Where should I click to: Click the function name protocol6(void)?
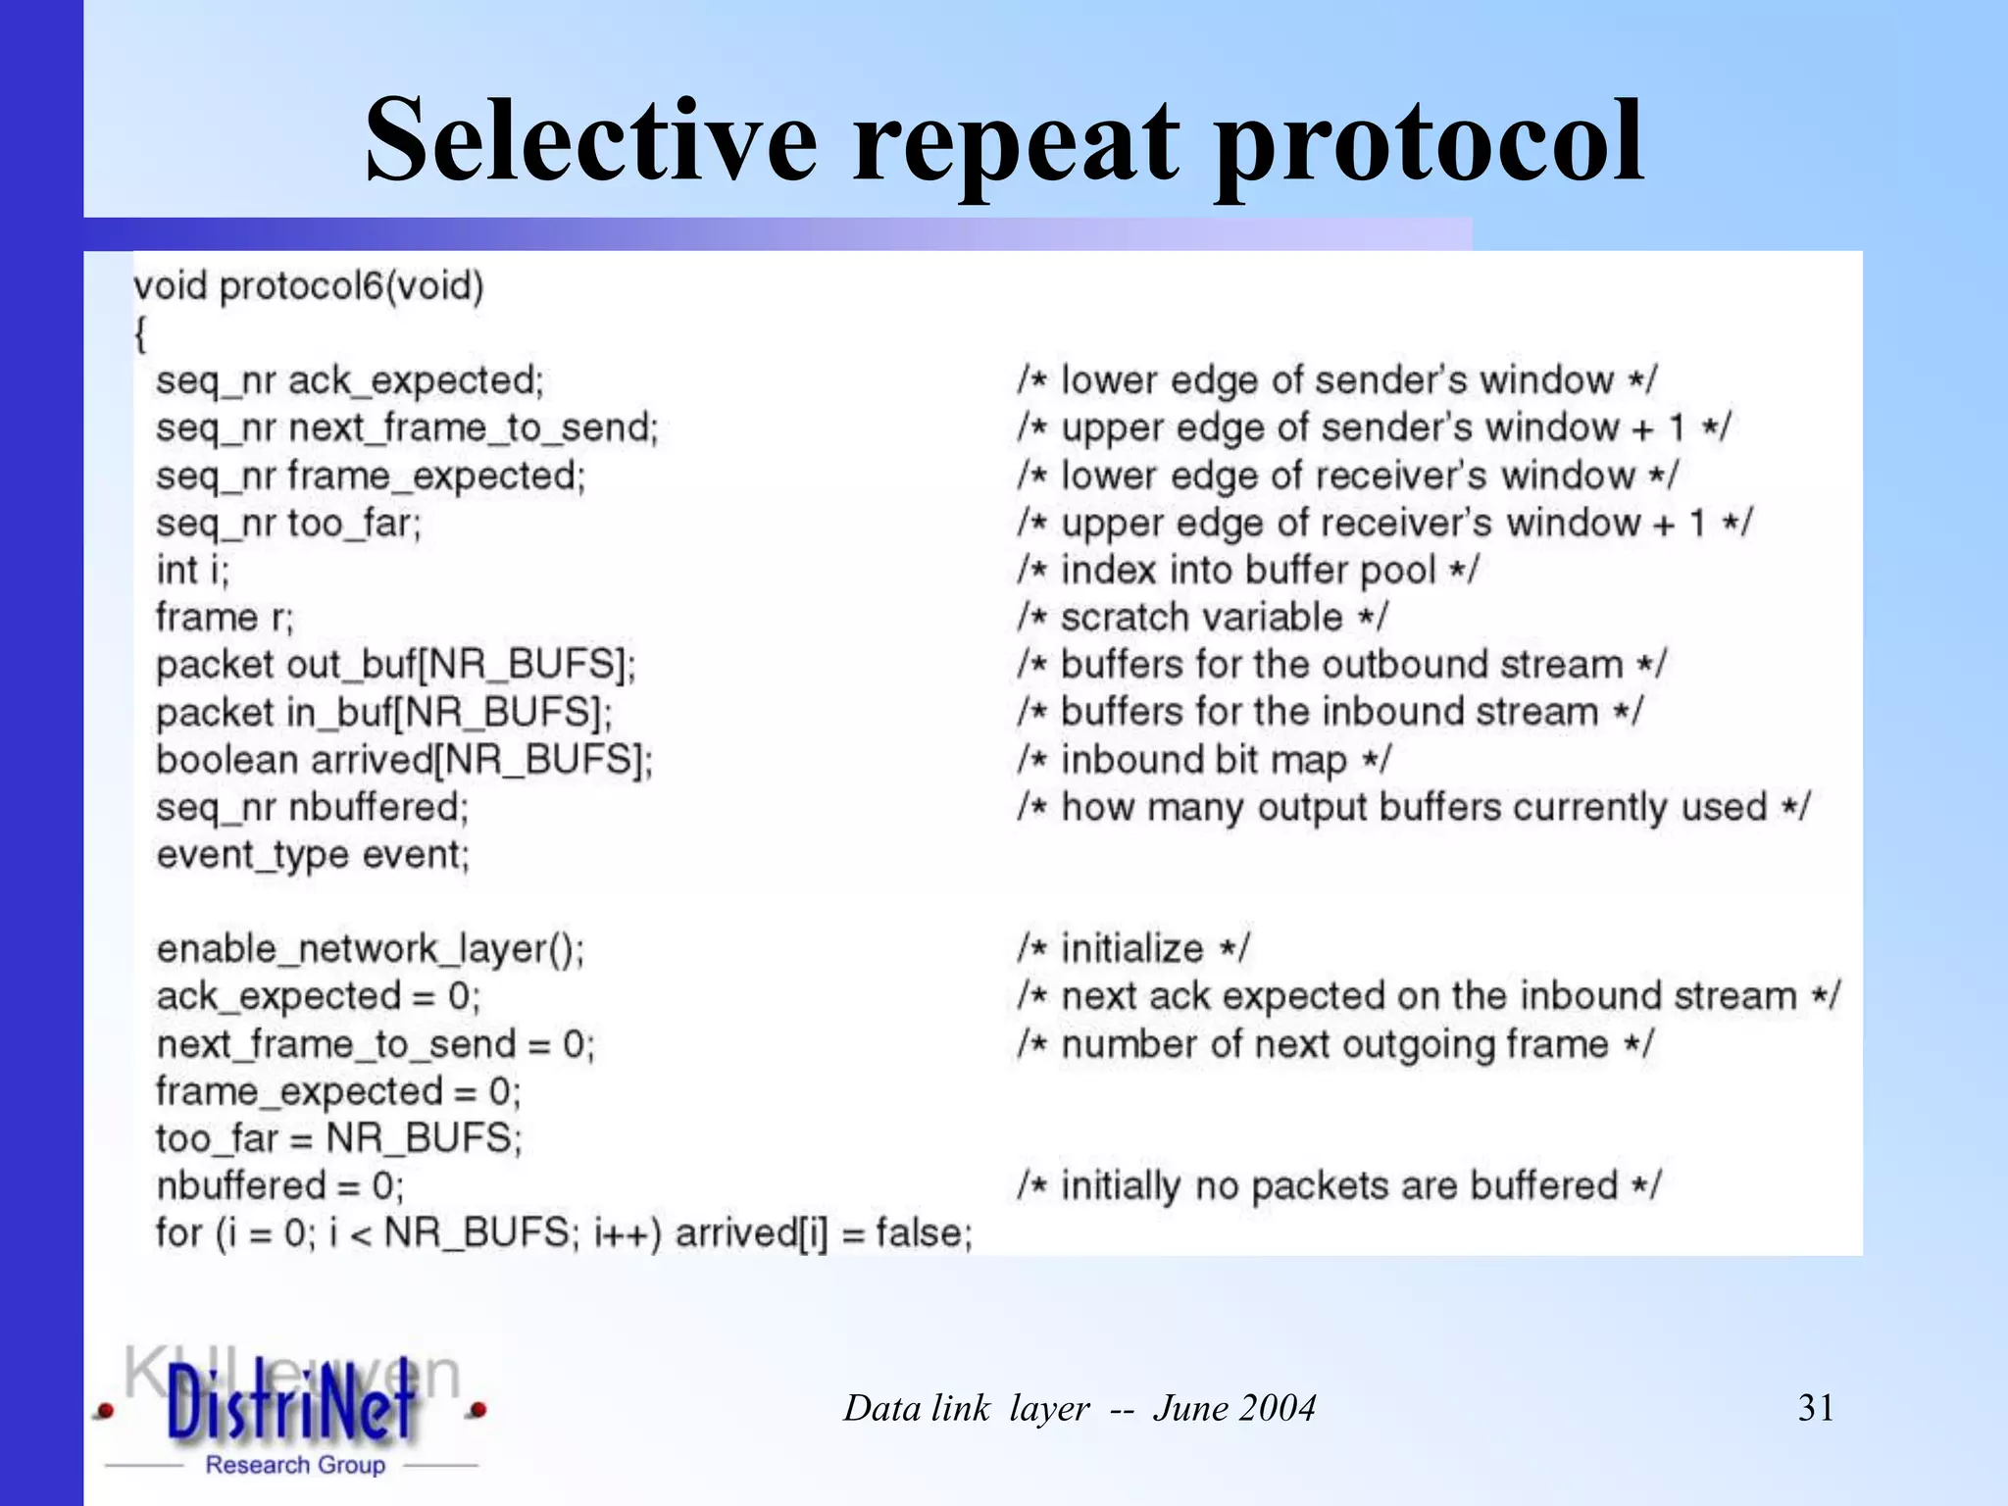[x=351, y=286]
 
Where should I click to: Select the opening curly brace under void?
[x=140, y=334]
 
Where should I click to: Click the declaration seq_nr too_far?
[x=288, y=523]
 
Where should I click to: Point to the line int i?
[x=192, y=570]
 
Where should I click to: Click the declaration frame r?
[x=225, y=617]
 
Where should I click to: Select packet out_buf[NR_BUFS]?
[x=395, y=665]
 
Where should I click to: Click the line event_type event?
[x=313, y=855]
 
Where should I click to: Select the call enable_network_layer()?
[x=370, y=949]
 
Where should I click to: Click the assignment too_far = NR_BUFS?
[x=338, y=1138]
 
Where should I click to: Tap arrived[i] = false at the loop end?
[x=824, y=1232]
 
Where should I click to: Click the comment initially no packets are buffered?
[x=1338, y=1186]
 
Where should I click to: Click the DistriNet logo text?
[x=290, y=1404]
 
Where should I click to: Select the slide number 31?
[x=1815, y=1408]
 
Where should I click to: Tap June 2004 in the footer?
[x=1233, y=1408]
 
